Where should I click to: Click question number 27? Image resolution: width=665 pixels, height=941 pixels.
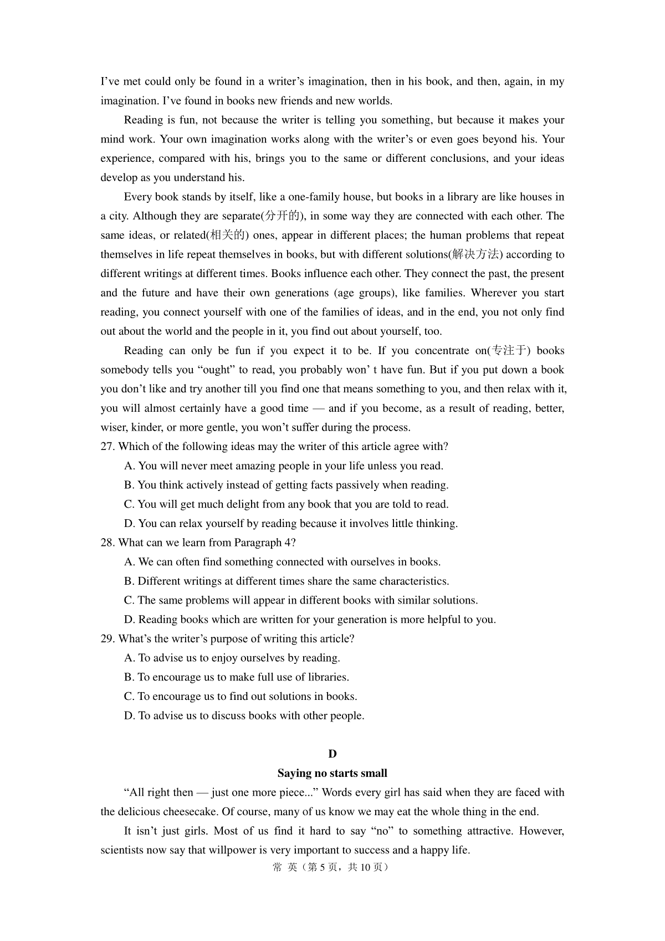pyautogui.click(x=108, y=447)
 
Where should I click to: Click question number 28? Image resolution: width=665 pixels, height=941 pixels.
pyautogui.click(x=108, y=543)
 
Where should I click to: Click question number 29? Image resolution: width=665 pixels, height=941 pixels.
pyautogui.click(x=108, y=638)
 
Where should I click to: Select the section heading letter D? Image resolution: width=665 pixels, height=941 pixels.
pyautogui.click(x=332, y=754)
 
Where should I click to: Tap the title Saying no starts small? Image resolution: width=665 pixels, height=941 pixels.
pyautogui.click(x=332, y=773)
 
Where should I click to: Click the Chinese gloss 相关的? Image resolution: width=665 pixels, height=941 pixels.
pyautogui.click(x=228, y=236)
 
